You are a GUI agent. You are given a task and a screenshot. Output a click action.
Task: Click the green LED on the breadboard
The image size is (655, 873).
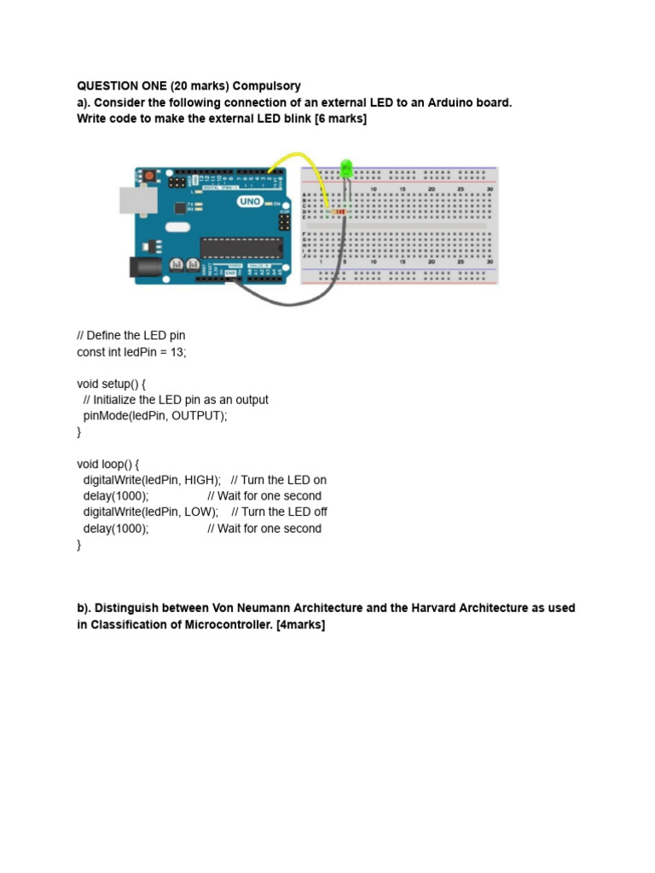point(346,168)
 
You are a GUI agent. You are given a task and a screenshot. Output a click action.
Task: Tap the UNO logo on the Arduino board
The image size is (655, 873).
point(249,202)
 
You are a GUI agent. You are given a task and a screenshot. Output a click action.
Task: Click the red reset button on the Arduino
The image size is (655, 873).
point(150,176)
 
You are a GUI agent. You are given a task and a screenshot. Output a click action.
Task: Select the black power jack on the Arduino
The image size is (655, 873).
point(144,267)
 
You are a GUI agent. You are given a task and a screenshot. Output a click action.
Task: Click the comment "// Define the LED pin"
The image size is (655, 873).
point(130,335)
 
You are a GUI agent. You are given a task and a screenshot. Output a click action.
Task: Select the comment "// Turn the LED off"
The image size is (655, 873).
point(279,512)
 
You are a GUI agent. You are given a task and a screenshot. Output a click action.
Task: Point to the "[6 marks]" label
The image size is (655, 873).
point(339,119)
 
